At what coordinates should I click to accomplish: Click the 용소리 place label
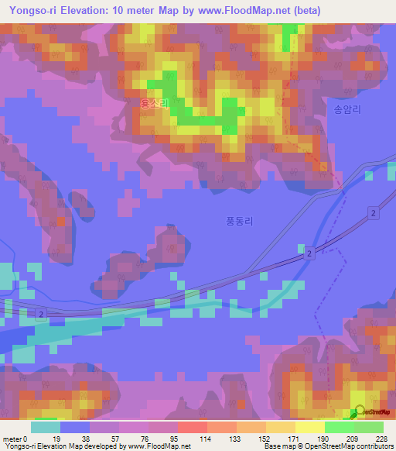pyautogui.click(x=154, y=102)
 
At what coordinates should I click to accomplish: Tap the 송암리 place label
pyautogui.click(x=347, y=110)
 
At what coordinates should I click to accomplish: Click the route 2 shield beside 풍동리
pyautogui.click(x=308, y=253)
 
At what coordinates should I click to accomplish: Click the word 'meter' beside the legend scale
pyautogui.click(x=12, y=438)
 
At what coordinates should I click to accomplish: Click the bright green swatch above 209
pyautogui.click(x=339, y=427)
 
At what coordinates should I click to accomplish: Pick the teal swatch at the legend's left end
pyautogui.click(x=46, y=427)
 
